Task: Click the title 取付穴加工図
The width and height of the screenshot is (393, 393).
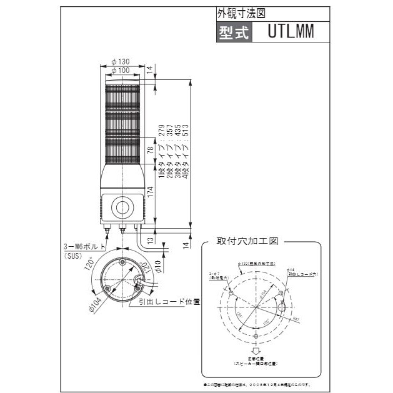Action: point(246,240)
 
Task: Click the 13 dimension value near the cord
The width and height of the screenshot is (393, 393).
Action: point(150,239)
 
